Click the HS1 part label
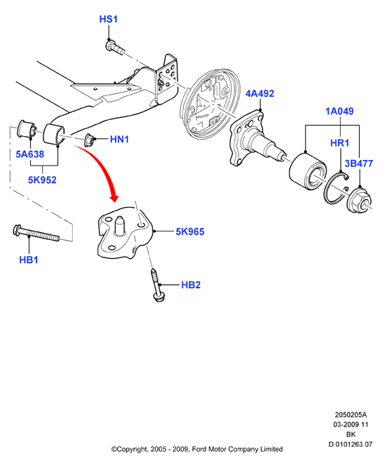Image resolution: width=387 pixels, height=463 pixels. [x=109, y=19]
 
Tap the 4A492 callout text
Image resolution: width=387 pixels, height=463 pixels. [x=260, y=93]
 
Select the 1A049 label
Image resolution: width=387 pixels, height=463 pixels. [x=339, y=111]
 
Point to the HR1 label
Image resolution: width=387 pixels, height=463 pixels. [x=339, y=143]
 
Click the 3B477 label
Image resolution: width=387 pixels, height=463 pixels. [x=359, y=163]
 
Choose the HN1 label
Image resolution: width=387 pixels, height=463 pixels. [x=119, y=139]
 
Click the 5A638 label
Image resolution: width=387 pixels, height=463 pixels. [x=30, y=154]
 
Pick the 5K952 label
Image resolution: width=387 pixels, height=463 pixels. [x=42, y=180]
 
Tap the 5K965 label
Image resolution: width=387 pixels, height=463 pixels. [x=190, y=231]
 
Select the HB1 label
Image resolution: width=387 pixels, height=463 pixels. [x=29, y=260]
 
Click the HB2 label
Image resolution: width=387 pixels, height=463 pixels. [x=191, y=285]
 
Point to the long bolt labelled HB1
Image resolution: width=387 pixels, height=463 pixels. [x=36, y=233]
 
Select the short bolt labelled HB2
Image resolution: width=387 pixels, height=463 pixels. [x=157, y=285]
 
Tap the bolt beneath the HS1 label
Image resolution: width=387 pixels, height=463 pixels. [x=114, y=47]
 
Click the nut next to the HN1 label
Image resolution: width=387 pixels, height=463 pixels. [x=89, y=140]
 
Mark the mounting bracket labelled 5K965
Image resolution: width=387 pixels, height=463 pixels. [x=125, y=233]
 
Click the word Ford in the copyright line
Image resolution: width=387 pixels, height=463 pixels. [x=199, y=449]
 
